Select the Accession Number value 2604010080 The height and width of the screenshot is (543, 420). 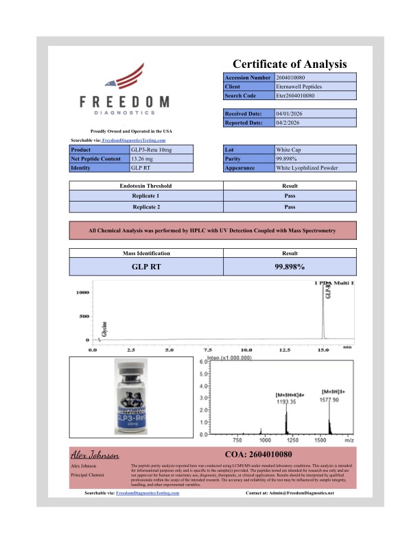pyautogui.click(x=294, y=78)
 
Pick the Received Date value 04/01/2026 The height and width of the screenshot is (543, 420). pyautogui.click(x=290, y=114)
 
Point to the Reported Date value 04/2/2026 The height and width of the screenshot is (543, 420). pyautogui.click(x=289, y=123)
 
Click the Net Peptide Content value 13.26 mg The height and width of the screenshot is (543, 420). pyautogui.click(x=143, y=158)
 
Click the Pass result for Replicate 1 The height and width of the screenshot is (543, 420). pyautogui.click(x=290, y=196)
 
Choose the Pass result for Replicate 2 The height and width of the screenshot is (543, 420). pyautogui.click(x=290, y=206)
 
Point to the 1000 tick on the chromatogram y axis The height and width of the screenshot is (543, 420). pyautogui.click(x=83, y=293)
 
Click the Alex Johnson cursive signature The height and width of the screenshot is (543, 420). pyautogui.click(x=95, y=455)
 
